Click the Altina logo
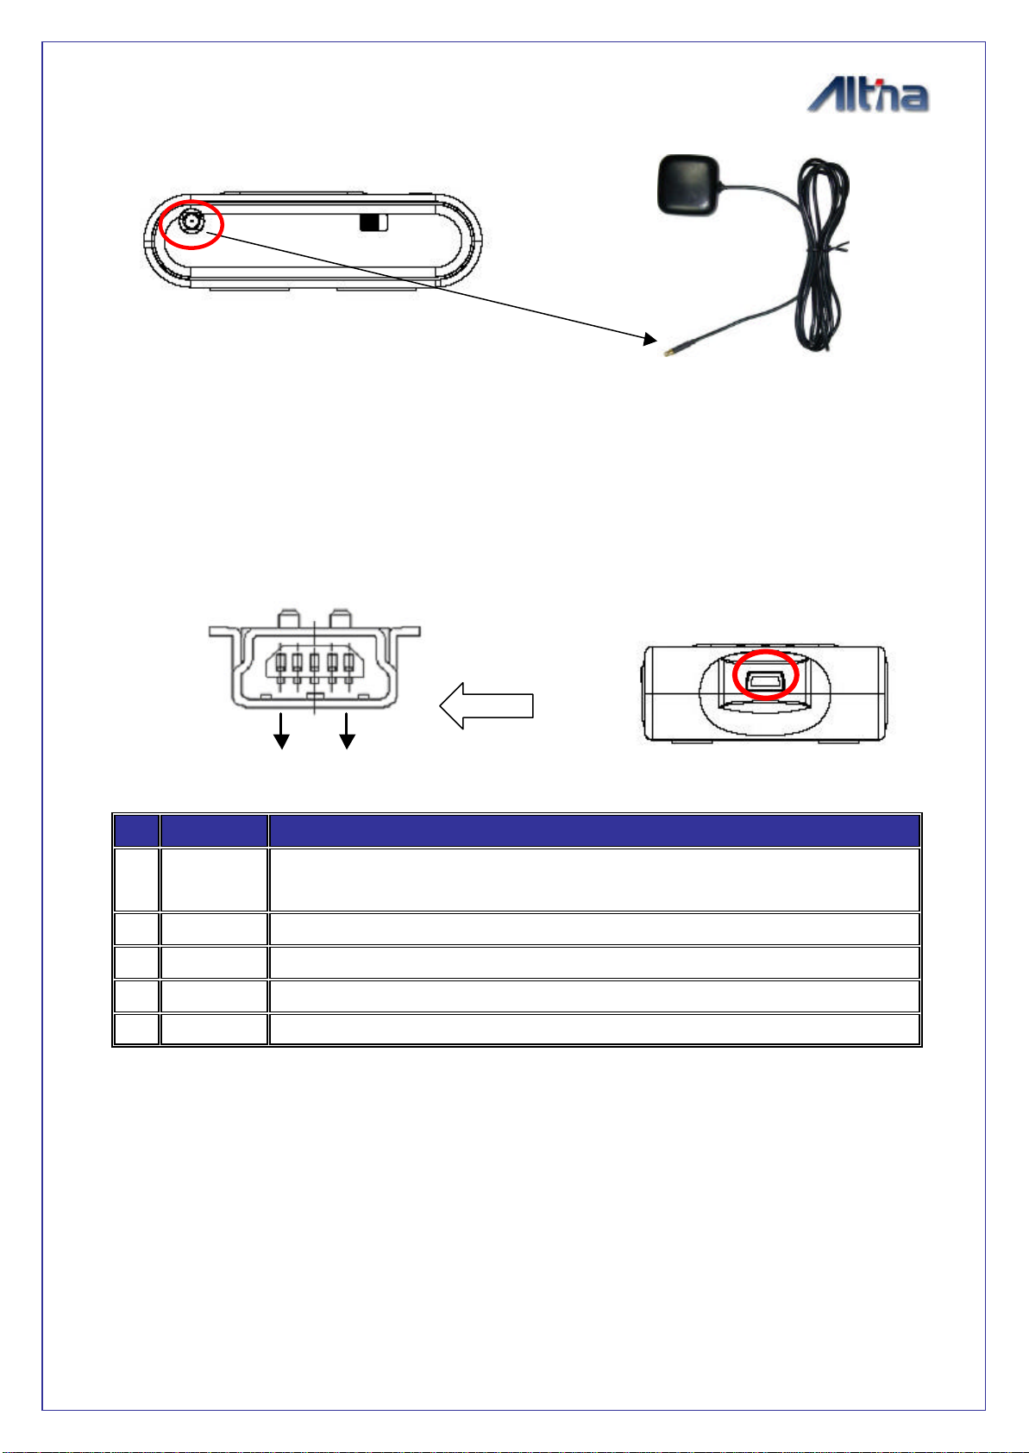tap(868, 96)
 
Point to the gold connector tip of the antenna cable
tap(668, 353)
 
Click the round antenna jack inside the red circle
tap(191, 222)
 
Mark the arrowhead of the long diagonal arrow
tap(650, 339)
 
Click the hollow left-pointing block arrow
tap(486, 705)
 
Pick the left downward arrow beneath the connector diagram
tap(281, 731)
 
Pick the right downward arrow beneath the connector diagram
tap(347, 731)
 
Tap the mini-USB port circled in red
tap(766, 680)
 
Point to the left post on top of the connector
tap(289, 618)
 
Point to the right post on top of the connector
tap(341, 618)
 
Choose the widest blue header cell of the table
tap(594, 831)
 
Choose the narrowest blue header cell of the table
tap(136, 831)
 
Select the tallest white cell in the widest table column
tap(594, 880)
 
